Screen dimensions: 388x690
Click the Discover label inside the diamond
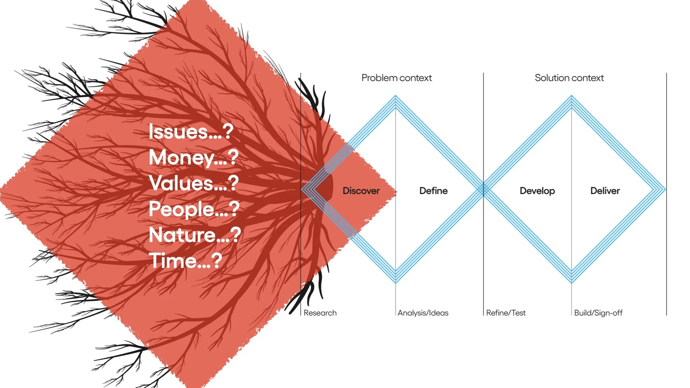point(361,191)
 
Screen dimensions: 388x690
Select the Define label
point(433,191)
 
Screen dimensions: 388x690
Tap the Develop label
point(537,191)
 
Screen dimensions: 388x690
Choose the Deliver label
point(605,191)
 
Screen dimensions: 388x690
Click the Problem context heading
point(396,78)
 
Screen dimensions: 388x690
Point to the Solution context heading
point(569,78)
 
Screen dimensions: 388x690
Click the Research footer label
point(320,313)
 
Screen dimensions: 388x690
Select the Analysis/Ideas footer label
point(423,313)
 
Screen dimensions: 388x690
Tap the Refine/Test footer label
point(506,313)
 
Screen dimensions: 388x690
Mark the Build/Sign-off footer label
point(598,313)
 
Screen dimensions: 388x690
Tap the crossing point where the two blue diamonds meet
point(484,190)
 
